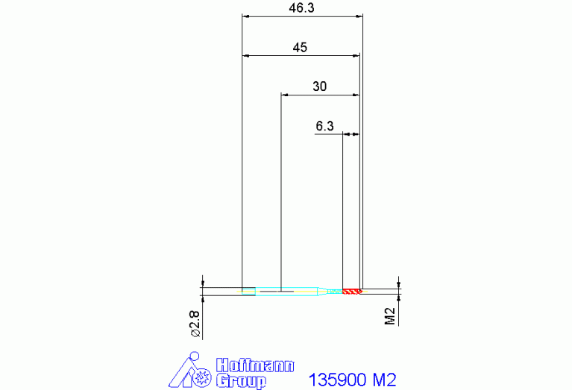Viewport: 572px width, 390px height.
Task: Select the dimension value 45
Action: [300, 47]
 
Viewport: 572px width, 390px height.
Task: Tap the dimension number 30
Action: [319, 87]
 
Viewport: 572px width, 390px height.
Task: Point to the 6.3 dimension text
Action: [324, 126]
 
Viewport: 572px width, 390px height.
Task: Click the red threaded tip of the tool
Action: [352, 291]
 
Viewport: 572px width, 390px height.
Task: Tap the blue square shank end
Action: [248, 291]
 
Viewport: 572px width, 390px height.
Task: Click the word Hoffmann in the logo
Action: [254, 365]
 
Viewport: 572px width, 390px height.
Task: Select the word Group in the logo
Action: [240, 381]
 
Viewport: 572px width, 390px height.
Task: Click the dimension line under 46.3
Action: [302, 16]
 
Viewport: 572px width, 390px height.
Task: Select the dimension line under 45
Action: [300, 55]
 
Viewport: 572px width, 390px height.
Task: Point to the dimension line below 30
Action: [319, 95]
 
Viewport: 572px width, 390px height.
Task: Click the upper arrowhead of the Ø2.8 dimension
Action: [202, 284]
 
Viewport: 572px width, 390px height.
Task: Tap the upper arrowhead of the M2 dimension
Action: [399, 284]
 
